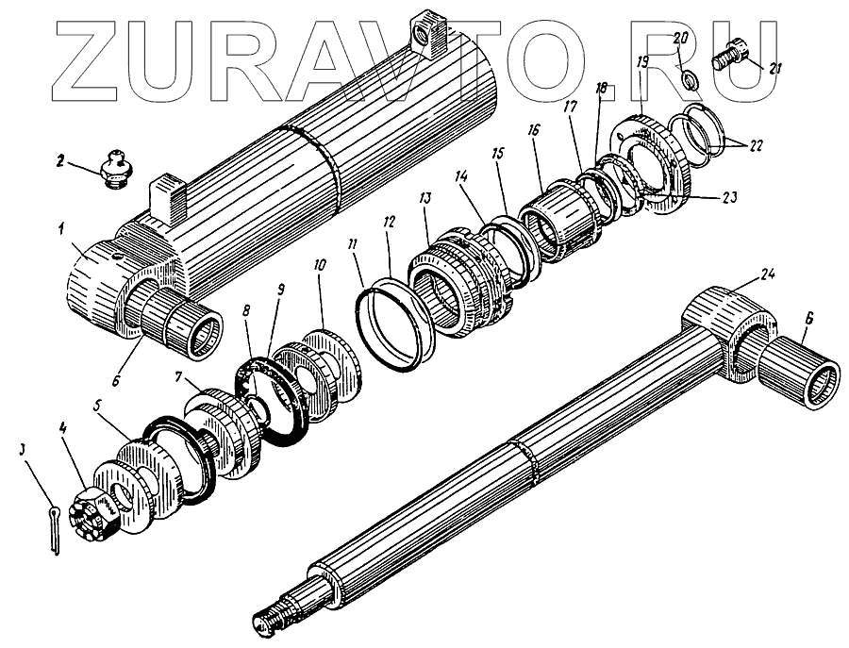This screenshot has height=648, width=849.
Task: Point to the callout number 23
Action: (x=729, y=197)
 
